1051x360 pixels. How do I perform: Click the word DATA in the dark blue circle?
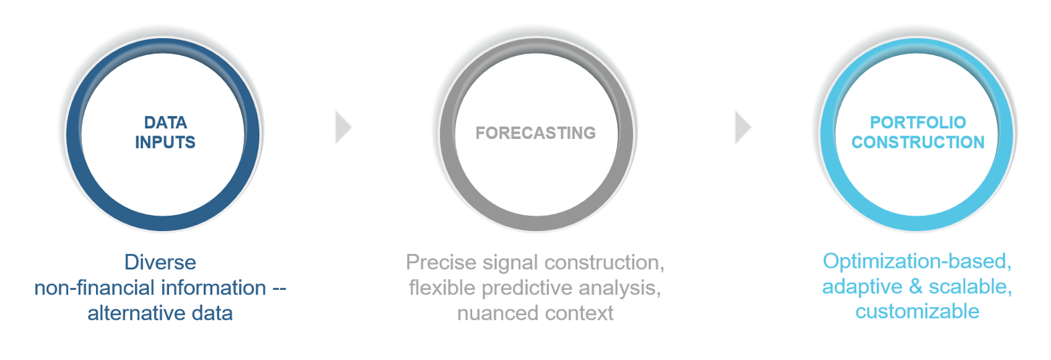(165, 122)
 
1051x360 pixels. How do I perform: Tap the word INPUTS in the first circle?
(165, 142)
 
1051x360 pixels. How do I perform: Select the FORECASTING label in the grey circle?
(536, 133)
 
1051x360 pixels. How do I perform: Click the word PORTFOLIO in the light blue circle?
(917, 122)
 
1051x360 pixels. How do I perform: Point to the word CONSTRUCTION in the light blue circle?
(917, 142)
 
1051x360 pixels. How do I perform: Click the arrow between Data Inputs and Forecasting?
(343, 127)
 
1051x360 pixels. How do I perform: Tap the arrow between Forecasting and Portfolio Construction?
(743, 127)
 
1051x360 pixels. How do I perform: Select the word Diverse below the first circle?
(160, 262)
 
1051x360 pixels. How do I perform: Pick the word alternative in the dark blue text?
(132, 313)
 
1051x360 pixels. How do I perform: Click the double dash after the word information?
(279, 289)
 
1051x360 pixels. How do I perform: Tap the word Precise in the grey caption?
(441, 262)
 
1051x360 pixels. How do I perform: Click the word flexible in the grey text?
(442, 288)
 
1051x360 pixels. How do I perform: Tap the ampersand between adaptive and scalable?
(915, 287)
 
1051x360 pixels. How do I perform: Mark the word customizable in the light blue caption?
(917, 312)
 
